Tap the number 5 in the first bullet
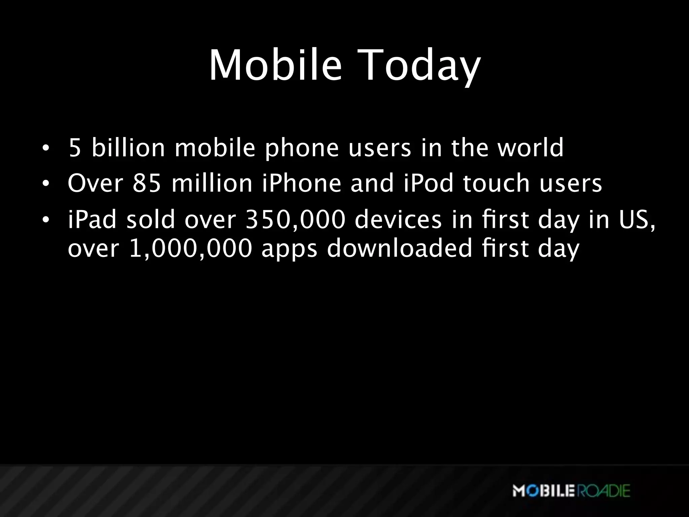click(75, 148)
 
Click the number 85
click(147, 183)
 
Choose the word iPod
click(428, 183)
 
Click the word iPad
click(92, 220)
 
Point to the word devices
click(398, 220)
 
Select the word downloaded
click(400, 248)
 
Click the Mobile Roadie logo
click(571, 490)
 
